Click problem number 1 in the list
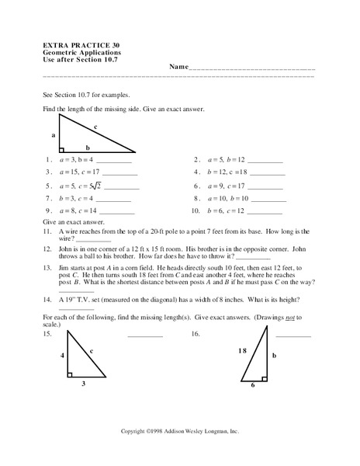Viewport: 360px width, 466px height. coord(48,159)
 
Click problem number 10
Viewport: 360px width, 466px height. coord(196,211)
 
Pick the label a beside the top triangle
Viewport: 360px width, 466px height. coord(54,134)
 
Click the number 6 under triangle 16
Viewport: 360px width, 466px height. coord(253,384)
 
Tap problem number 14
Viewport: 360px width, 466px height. coord(48,300)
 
